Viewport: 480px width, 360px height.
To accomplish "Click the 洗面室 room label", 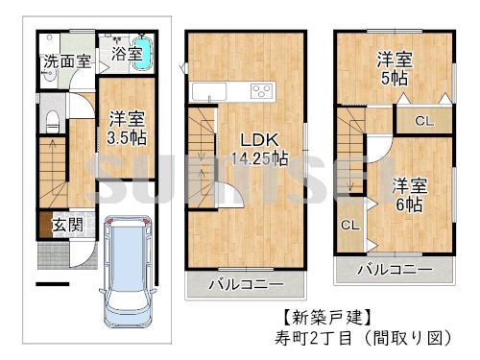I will coord(66,62).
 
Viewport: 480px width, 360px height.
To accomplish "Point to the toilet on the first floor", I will coord(54,120).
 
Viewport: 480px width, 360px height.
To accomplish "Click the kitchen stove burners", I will coord(261,91).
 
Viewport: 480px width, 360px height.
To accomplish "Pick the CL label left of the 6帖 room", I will coord(350,225).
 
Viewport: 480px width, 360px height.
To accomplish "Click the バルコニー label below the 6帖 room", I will coord(394,270).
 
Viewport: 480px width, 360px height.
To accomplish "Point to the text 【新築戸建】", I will coord(324,316).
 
